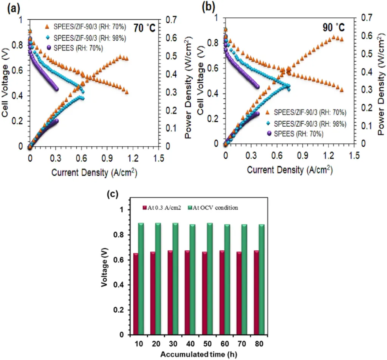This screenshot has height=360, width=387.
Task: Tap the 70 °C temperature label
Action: pos(145,28)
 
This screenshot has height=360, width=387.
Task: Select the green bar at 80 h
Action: pos(261,279)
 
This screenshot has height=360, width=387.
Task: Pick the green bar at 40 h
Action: pos(192,279)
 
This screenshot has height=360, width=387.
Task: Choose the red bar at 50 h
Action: pos(204,293)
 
